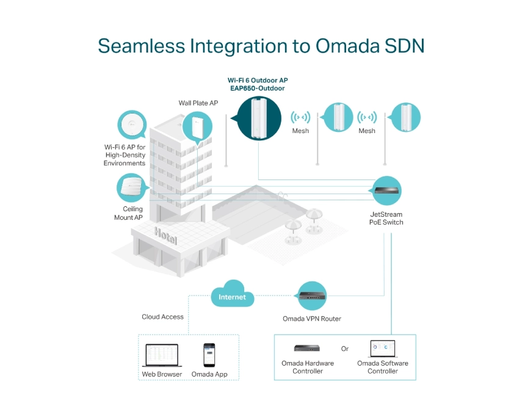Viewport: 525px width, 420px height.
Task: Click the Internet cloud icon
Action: coord(233,295)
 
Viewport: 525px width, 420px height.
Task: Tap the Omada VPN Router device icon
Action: coord(312,296)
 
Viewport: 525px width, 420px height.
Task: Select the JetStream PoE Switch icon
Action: coord(386,190)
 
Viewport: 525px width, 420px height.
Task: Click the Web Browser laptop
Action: coord(161,355)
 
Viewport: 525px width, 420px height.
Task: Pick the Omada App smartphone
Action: coord(209,355)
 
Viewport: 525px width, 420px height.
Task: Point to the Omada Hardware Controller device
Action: coord(307,349)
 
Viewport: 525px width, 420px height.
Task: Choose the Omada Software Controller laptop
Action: coord(383,349)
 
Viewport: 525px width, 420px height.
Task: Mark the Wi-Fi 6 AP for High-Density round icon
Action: coord(132,125)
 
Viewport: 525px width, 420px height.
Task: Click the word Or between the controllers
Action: coord(345,349)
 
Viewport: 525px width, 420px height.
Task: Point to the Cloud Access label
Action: coord(163,317)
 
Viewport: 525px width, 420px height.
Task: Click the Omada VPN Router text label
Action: coord(312,319)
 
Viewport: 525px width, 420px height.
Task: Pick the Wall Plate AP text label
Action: coord(198,103)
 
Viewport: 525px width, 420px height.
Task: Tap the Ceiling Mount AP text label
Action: coord(128,213)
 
